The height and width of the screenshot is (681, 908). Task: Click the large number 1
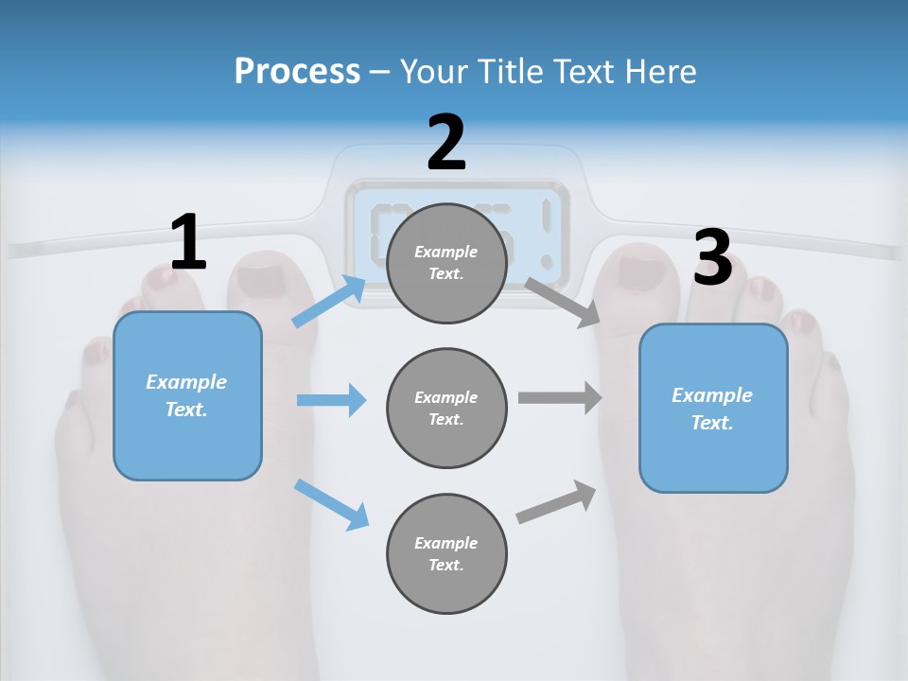(188, 242)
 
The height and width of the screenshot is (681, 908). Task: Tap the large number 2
(446, 143)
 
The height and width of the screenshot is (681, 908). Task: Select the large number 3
(713, 257)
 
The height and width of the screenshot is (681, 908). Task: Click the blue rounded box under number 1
(187, 395)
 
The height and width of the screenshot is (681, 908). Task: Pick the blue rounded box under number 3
(713, 409)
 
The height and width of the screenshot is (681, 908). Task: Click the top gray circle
(446, 263)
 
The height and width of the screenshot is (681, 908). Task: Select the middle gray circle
(446, 409)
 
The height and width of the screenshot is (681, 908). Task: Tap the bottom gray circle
(446, 554)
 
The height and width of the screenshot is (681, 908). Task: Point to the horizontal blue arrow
(331, 400)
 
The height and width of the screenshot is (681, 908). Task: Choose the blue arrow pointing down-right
(331, 504)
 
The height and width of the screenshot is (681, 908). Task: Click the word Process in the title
(297, 71)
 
